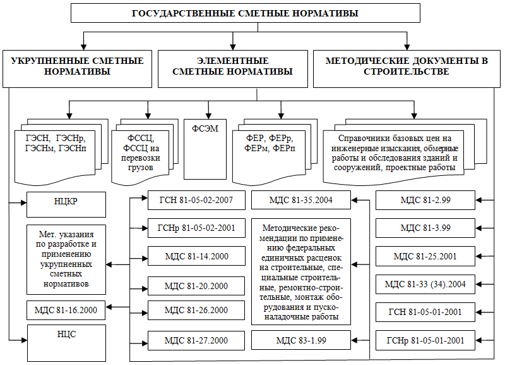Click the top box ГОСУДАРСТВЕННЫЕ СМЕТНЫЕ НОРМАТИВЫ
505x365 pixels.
246,13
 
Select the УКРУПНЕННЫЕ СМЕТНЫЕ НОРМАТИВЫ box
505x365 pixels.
77,69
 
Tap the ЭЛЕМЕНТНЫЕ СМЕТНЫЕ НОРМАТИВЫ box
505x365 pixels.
233,69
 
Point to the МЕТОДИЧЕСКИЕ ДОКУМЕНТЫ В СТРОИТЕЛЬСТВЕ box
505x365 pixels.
407,69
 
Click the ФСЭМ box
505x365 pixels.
205,149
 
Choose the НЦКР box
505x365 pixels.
66,204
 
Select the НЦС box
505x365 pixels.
66,343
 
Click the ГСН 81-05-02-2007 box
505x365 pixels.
196,200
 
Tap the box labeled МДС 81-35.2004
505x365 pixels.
301,200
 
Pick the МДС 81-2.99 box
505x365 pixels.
425,200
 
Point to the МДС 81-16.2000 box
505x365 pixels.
66,310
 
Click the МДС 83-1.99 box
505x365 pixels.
301,340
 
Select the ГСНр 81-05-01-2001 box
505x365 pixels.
425,340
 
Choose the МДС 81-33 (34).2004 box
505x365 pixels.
425,284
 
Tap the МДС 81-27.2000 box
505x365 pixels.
196,340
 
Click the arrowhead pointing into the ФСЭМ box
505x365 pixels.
208,116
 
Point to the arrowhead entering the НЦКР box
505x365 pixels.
23,202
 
